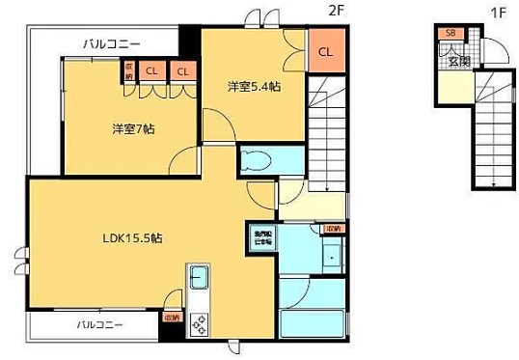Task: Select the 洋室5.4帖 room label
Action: pos(254,86)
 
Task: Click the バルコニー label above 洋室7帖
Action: pos(112,43)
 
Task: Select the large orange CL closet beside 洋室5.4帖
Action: pos(324,51)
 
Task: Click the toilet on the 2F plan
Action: pos(258,162)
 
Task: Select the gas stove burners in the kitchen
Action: pos(200,324)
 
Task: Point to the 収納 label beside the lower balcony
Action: pos(171,317)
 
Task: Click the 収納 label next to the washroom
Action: pos(333,229)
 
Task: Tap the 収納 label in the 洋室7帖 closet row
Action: pos(127,72)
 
